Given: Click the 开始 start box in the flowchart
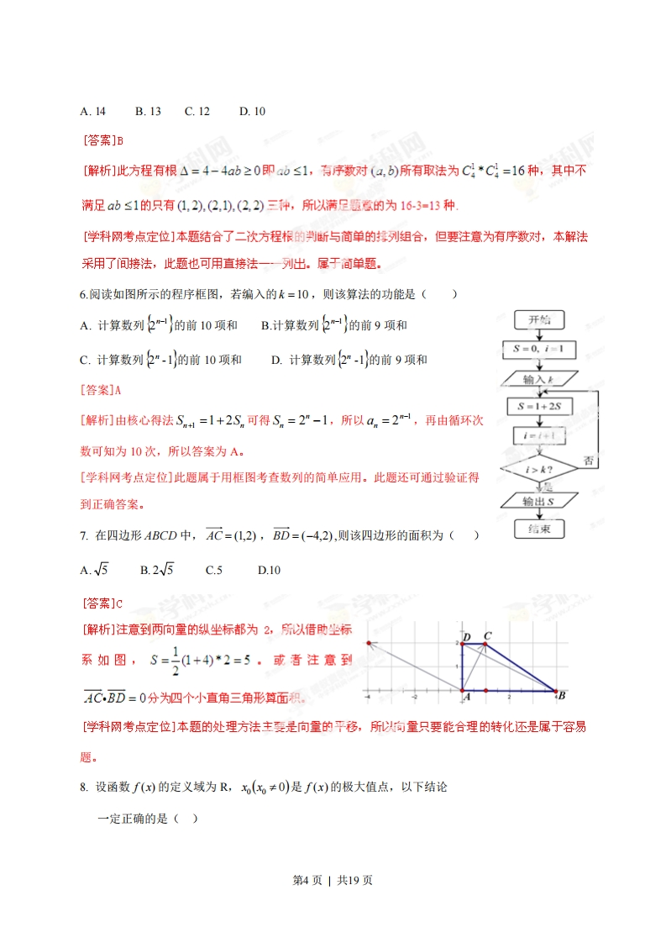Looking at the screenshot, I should tap(539, 319).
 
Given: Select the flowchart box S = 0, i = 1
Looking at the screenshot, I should tap(539, 348).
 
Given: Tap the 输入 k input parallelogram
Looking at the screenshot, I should tap(539, 379).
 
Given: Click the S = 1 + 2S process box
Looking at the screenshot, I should tap(539, 408).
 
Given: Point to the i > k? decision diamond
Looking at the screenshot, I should tap(539, 467).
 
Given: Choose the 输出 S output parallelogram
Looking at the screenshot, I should tap(539, 501).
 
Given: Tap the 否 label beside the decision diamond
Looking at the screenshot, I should tap(589, 461).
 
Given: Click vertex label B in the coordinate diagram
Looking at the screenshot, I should tap(561, 696).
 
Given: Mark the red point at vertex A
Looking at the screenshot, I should tap(463, 691).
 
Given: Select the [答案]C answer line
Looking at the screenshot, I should tap(102, 603).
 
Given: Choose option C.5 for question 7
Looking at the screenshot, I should tap(214, 571).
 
